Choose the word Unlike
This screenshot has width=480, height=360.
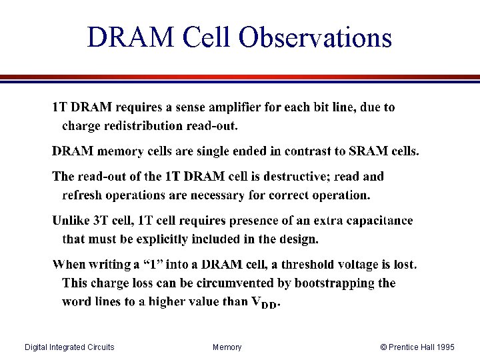coord(71,221)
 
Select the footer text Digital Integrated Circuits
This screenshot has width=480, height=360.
coord(69,347)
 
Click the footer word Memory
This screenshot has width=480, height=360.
coord(227,347)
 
